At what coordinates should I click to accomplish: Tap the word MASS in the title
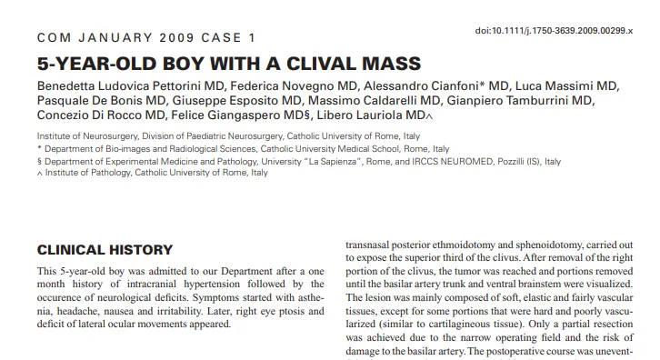click(389, 64)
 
